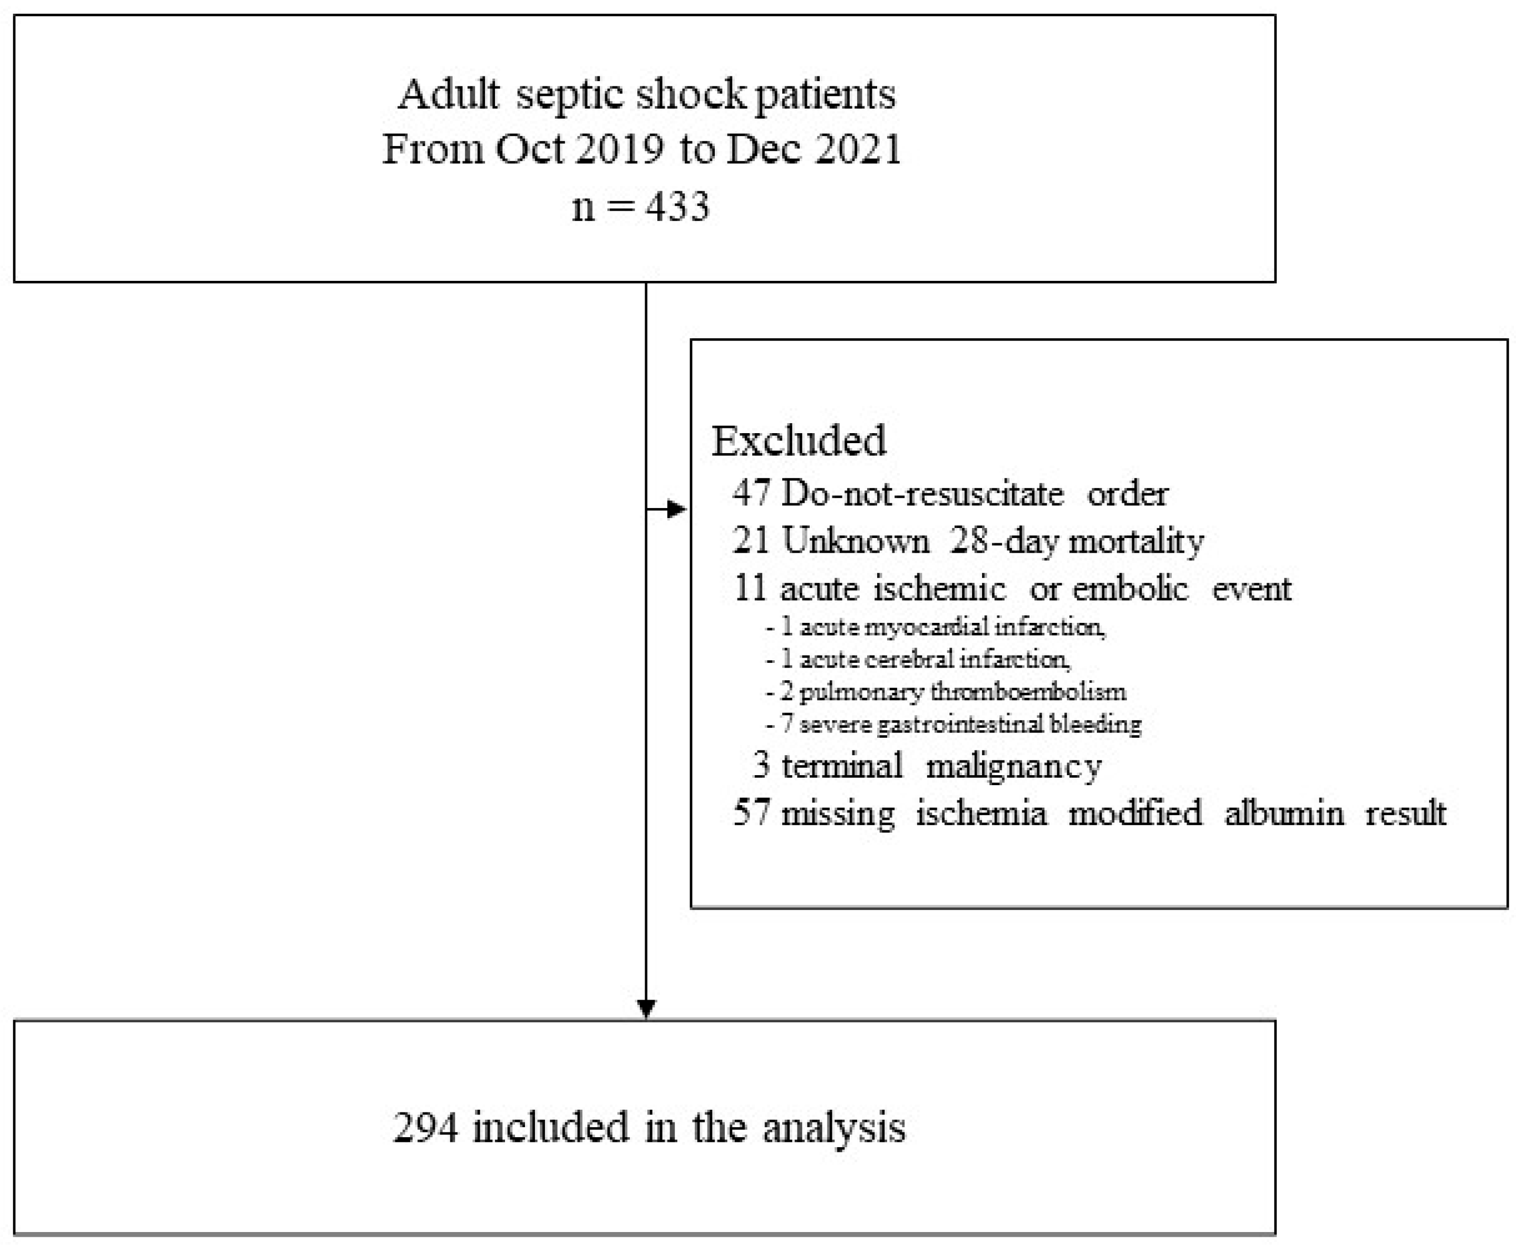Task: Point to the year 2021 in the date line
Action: (858, 150)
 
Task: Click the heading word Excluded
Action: (799, 441)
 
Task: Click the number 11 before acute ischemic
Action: (750, 589)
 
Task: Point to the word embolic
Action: (1130, 589)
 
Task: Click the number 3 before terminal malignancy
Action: (761, 765)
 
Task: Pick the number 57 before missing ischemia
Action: (752, 813)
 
